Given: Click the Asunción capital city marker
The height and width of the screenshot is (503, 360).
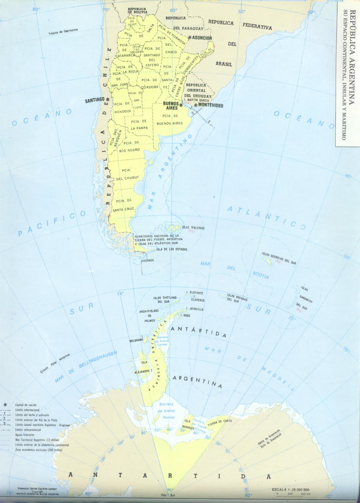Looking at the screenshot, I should pyautogui.click(x=190, y=37).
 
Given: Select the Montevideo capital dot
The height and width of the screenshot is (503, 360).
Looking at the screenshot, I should pyautogui.click(x=196, y=105).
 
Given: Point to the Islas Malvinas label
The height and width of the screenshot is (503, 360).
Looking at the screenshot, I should pyautogui.click(x=193, y=227).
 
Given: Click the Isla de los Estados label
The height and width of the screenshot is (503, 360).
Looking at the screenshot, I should pyautogui.click(x=172, y=249).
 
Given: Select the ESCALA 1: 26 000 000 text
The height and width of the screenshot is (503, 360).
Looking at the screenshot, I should pyautogui.click(x=291, y=490).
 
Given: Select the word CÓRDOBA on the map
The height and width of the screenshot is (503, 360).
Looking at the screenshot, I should pyautogui.click(x=149, y=87).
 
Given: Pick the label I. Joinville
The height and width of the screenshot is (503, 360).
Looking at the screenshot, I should pyautogui.click(x=195, y=309).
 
